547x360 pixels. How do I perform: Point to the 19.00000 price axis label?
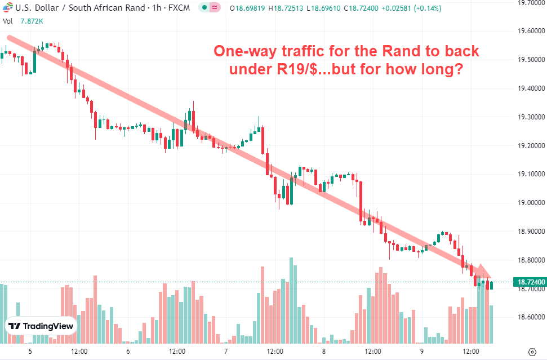tap(530, 202)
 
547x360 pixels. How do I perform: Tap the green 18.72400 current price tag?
tap(530, 282)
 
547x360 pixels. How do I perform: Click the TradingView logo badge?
tap(41, 326)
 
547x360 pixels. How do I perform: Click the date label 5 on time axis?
tap(30, 351)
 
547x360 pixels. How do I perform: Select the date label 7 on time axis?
tap(225, 351)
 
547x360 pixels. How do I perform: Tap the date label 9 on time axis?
tap(421, 351)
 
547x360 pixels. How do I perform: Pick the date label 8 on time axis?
tap(323, 351)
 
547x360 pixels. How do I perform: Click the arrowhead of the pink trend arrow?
tap(484, 271)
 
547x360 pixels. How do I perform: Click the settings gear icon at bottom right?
tap(533, 351)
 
